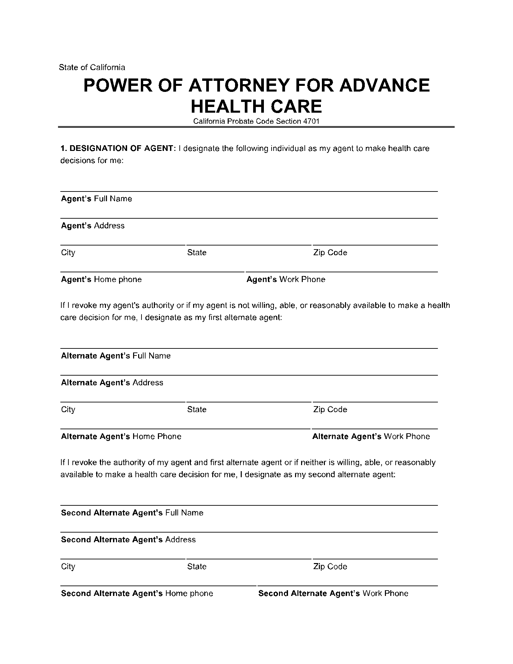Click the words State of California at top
tap(92, 67)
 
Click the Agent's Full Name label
tap(96, 199)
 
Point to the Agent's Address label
tap(93, 225)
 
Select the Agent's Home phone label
tap(101, 279)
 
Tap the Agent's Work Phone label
tap(286, 279)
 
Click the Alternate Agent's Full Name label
tap(116, 355)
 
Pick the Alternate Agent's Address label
tap(112, 382)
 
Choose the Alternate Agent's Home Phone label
tap(121, 436)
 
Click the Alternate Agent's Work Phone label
tap(371, 436)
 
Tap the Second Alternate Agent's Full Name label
tap(132, 512)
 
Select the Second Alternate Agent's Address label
tap(128, 539)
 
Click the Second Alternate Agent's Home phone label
tap(137, 593)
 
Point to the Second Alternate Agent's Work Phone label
tap(333, 593)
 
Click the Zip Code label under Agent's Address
tap(330, 253)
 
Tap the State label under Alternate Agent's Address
tap(196, 409)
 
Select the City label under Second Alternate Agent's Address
tap(68, 566)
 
